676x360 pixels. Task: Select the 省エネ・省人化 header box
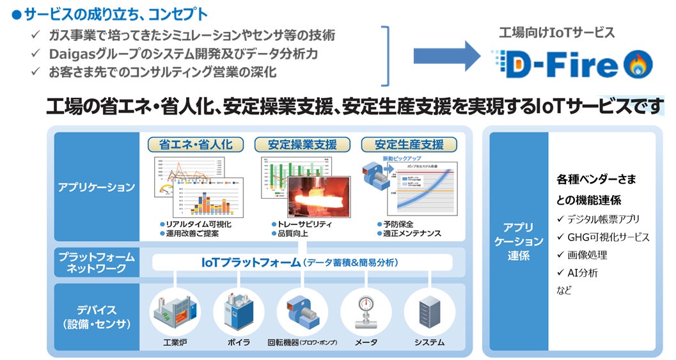coord(195,144)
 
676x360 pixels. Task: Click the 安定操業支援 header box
coord(302,144)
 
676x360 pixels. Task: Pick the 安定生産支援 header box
coord(409,144)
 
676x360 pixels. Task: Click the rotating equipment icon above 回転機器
coord(302,311)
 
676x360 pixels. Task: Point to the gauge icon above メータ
coord(366,311)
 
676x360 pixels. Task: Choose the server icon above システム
coord(429,311)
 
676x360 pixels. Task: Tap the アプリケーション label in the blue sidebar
coord(96,187)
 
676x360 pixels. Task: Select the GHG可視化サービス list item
coord(608,237)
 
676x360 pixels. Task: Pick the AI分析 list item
coord(582,273)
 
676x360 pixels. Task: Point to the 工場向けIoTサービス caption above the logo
coord(556,32)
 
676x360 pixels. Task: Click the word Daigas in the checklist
coord(68,54)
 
